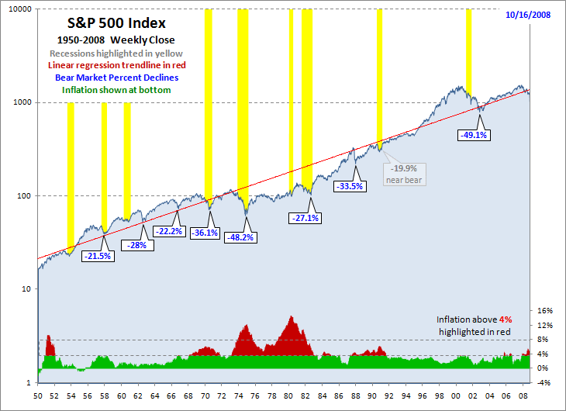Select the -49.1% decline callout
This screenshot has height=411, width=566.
[473, 135]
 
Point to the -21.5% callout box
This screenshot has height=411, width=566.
[99, 255]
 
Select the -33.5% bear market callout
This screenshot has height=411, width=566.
[350, 186]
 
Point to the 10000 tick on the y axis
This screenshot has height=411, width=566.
[18, 9]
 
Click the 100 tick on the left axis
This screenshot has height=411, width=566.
[22, 195]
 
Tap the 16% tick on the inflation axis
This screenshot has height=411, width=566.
[545, 310]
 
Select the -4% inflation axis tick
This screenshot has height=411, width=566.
[545, 382]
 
